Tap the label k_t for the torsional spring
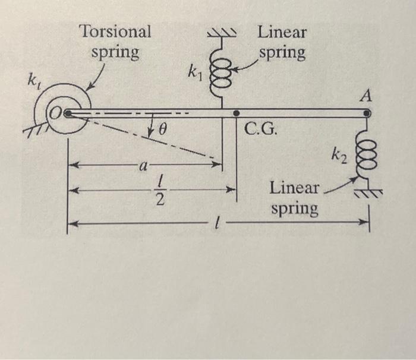(29, 81)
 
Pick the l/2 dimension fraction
(159, 191)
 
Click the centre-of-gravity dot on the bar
(236, 112)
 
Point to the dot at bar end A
(367, 112)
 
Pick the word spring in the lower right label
(294, 209)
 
